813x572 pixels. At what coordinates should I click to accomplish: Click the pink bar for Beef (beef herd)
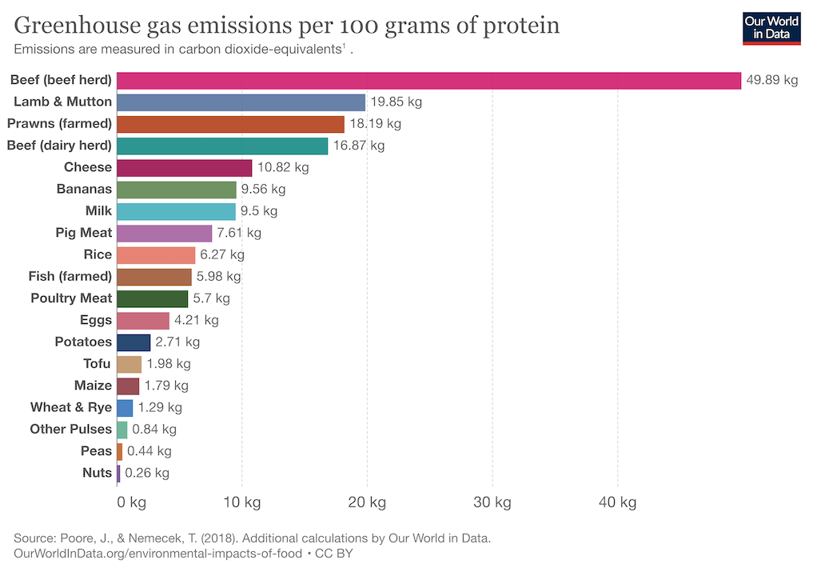[428, 80]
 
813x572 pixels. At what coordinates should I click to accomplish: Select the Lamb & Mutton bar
[241, 102]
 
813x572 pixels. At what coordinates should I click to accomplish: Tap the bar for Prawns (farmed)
[230, 124]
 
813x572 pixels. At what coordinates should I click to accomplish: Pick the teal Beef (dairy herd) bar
[222, 146]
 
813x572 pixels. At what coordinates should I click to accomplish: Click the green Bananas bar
[177, 190]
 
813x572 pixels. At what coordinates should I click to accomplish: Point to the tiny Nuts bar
[118, 473]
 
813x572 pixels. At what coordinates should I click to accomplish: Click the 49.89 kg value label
[771, 80]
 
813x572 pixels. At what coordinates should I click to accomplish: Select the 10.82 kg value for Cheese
[282, 167]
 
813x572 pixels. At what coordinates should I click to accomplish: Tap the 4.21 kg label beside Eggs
[196, 320]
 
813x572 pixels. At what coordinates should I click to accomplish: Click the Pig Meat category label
[84, 233]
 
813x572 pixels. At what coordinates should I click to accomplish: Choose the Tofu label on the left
[97, 364]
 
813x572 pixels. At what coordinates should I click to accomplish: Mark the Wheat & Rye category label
[71, 407]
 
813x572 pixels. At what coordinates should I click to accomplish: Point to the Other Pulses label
[71, 429]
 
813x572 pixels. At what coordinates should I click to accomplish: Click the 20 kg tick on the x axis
[367, 502]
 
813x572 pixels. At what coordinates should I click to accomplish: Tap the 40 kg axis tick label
[617, 502]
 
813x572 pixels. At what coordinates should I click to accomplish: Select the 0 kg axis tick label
[131, 502]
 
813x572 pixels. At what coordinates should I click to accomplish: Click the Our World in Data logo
[771, 27]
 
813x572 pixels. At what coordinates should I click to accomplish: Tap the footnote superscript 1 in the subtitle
[344, 46]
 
